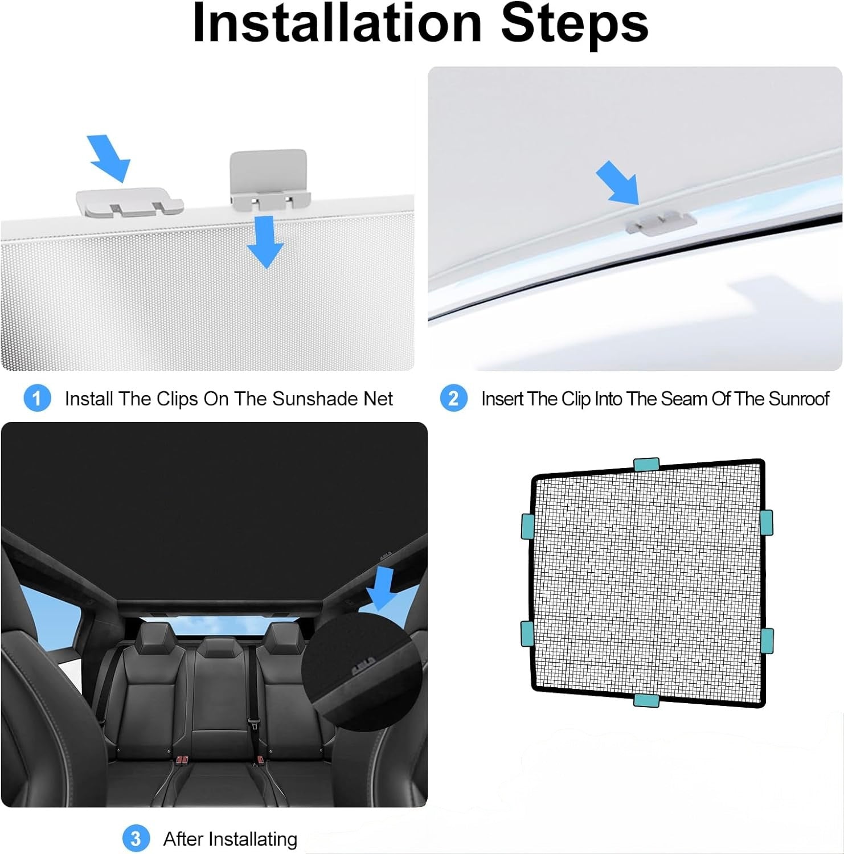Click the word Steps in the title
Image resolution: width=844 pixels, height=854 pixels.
575,24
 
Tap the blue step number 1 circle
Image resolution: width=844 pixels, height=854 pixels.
38,398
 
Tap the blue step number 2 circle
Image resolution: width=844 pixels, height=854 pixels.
453,398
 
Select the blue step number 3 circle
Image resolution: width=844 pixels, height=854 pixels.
136,839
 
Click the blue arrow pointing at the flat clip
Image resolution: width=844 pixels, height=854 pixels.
109,158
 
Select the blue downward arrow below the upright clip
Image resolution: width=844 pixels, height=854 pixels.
265,242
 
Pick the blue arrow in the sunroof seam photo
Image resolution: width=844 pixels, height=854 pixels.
618,182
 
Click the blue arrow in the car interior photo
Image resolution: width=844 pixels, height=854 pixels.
381,587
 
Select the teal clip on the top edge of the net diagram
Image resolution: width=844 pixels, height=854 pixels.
646,465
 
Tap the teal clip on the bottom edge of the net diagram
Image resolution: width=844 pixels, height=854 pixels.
646,700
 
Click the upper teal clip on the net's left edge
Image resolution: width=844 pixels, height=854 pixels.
527,527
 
